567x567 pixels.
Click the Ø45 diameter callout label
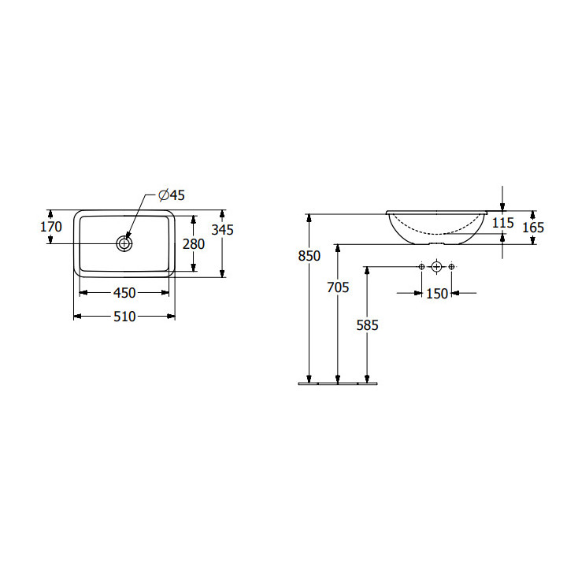pos(172,195)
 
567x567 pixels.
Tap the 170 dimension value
pos(51,227)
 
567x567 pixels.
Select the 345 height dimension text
pos(222,230)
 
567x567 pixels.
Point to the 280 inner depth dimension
pos(194,244)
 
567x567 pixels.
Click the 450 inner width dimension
pos(124,293)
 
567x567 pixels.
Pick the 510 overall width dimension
pos(124,317)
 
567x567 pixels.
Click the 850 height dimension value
pos(309,256)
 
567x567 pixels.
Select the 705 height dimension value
pos(338,287)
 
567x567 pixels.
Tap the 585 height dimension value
pos(368,325)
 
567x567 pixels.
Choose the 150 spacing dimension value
pos(437,294)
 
